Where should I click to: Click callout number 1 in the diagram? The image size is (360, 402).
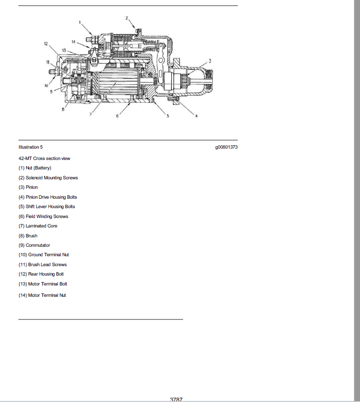[80, 23]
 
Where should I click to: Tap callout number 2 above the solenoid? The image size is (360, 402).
[126, 18]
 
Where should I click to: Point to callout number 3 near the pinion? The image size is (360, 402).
[210, 61]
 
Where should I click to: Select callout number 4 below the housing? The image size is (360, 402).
[196, 116]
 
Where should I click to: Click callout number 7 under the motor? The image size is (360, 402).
[90, 114]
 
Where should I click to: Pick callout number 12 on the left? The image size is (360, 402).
[46, 43]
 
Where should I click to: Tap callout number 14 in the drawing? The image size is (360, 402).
[74, 42]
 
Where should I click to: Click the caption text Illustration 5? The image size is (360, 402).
[31, 147]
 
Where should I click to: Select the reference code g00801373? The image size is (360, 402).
[226, 147]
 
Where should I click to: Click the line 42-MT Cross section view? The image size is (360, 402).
[44, 159]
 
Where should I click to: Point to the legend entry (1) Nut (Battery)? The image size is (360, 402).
[35, 168]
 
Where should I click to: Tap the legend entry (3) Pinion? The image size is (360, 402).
[28, 187]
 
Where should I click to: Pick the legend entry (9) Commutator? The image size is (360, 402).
[34, 245]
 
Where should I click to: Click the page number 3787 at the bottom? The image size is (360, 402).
[176, 400]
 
